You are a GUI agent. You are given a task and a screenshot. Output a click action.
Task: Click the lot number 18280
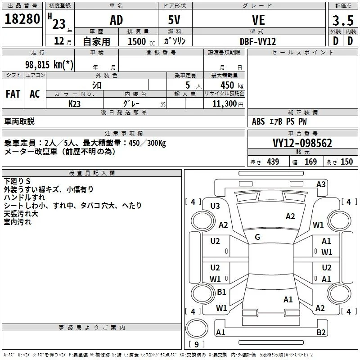click(22, 19)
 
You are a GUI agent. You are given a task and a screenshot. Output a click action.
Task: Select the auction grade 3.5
click(343, 21)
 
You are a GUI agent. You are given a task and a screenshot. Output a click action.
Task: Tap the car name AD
click(117, 20)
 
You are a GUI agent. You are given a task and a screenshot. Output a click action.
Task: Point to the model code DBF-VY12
click(258, 41)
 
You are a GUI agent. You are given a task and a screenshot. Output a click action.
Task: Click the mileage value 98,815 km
click(49, 64)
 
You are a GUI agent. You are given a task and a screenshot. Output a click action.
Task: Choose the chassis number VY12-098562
click(302, 143)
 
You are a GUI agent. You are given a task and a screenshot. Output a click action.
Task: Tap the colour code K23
click(74, 104)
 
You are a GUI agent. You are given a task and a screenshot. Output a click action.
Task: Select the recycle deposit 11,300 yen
click(228, 104)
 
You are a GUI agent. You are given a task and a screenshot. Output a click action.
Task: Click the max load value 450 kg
click(232, 85)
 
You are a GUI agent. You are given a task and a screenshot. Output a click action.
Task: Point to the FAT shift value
click(13, 94)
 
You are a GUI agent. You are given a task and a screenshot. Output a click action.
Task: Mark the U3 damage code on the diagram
click(215, 206)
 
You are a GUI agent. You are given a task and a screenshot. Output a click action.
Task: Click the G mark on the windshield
click(257, 237)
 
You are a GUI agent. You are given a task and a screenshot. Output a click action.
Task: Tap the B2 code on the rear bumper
click(321, 332)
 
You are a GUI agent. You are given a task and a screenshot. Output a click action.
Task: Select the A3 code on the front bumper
click(321, 184)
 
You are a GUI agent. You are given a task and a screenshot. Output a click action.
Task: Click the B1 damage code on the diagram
click(221, 292)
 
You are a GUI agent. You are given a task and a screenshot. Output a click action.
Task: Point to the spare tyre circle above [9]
click(196, 328)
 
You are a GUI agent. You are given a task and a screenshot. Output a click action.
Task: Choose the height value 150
click(346, 162)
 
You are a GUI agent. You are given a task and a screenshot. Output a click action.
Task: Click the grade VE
click(258, 20)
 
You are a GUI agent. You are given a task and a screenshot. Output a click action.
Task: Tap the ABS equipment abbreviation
click(258, 121)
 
